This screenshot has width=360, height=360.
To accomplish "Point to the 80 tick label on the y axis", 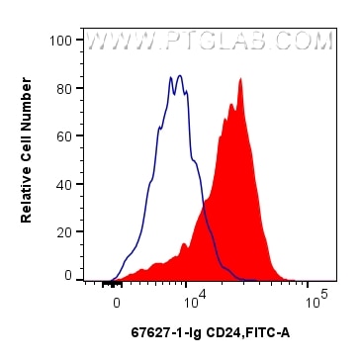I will point(64,87).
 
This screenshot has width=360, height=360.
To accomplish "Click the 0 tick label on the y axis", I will point(68,275).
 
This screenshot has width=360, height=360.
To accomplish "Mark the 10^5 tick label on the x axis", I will point(315,295).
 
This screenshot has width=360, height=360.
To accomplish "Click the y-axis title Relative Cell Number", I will point(29,157).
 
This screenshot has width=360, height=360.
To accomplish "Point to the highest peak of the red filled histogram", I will point(240,80).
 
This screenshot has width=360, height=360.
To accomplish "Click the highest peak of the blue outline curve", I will point(179,75).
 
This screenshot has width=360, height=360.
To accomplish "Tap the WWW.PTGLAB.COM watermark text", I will point(209,43).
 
